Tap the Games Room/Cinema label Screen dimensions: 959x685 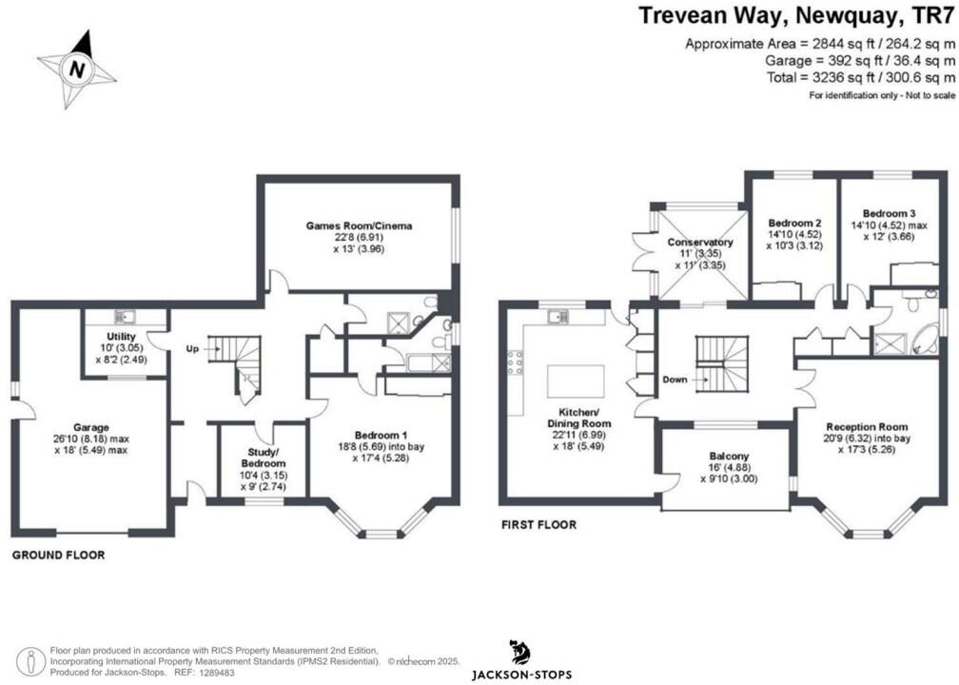click(x=359, y=225)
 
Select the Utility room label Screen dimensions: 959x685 click(x=121, y=337)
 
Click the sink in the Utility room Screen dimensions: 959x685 click(x=126, y=316)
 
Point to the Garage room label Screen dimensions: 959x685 click(x=91, y=427)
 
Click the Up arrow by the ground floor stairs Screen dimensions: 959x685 click(x=212, y=348)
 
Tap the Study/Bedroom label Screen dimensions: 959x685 click(x=263, y=459)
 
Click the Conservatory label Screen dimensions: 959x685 click(x=700, y=243)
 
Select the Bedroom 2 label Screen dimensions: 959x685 click(x=794, y=223)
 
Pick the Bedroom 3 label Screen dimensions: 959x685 click(x=890, y=213)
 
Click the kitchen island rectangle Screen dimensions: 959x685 click(x=576, y=382)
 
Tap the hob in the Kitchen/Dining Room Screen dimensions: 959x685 click(x=515, y=362)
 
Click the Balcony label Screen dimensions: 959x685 click(x=729, y=457)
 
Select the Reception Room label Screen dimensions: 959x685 click(x=867, y=427)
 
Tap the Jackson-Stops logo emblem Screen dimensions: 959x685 click(x=520, y=653)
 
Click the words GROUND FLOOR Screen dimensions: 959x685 click(x=59, y=556)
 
